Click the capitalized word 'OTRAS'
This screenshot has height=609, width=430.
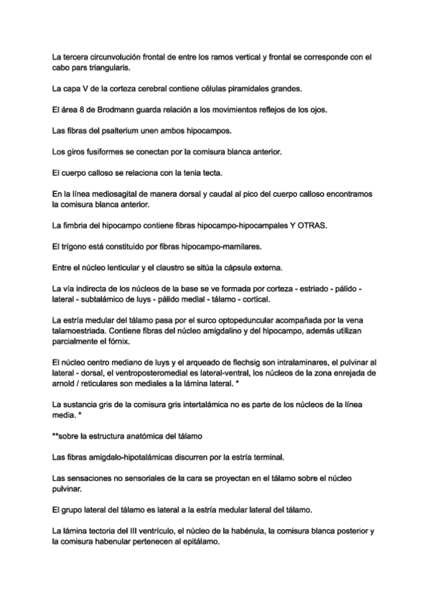310,226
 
